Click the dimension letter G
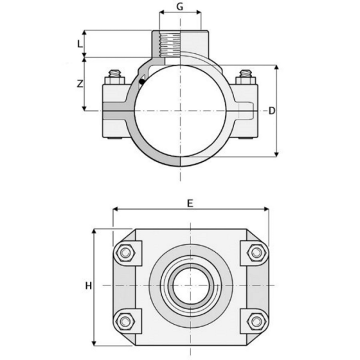click(x=181, y=8)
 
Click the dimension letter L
click(x=79, y=44)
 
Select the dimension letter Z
click(x=79, y=84)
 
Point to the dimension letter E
click(x=190, y=203)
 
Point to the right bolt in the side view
click(x=245, y=75)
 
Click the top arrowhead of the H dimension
click(x=94, y=231)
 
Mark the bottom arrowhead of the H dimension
click(x=94, y=343)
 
